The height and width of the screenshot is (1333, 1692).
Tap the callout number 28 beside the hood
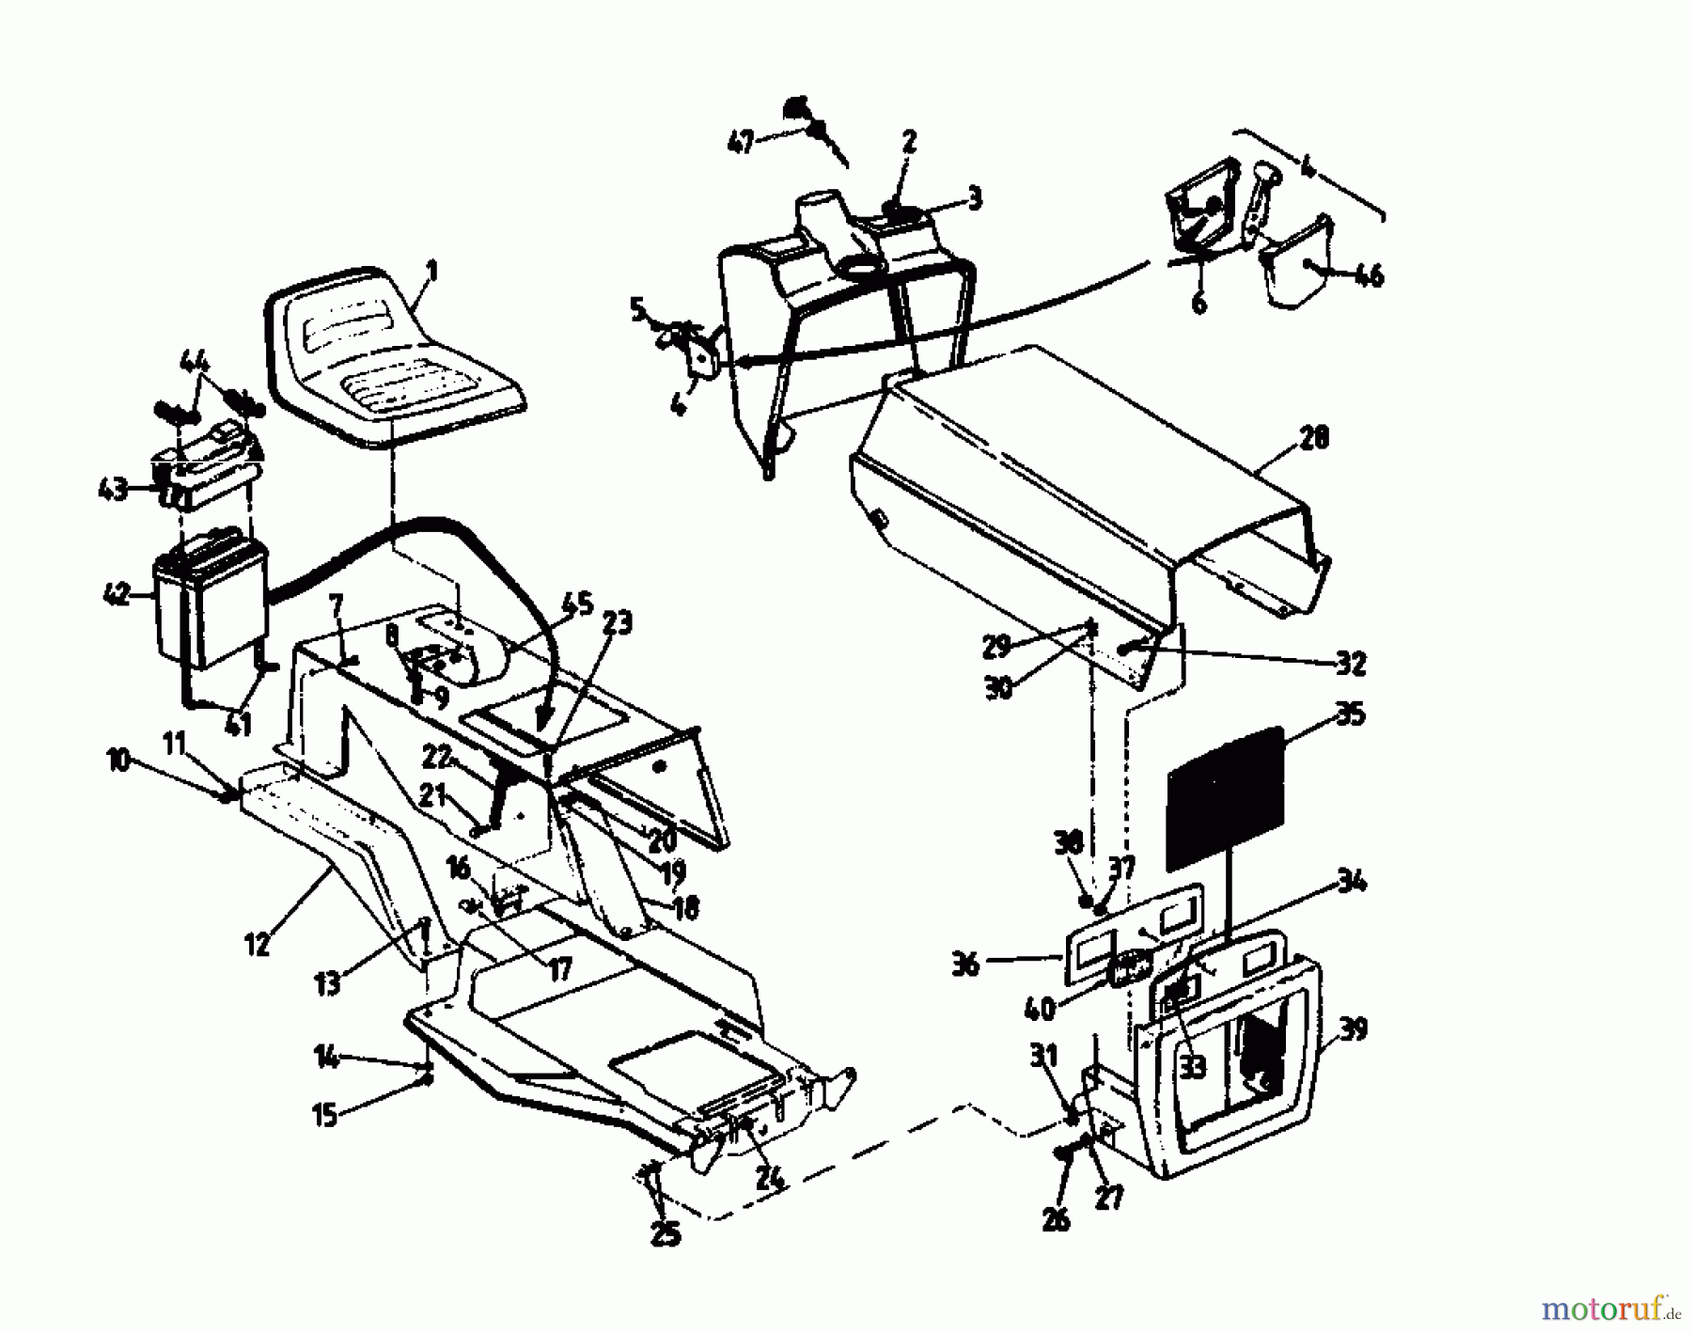click(x=1313, y=437)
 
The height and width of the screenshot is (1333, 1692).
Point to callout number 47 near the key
click(x=743, y=143)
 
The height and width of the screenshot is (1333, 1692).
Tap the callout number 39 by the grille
click(x=1354, y=1029)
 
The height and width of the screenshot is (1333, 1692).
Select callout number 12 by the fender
click(x=256, y=944)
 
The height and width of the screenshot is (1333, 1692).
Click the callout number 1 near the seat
click(x=431, y=273)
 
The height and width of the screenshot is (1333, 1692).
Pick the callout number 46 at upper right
click(x=1369, y=275)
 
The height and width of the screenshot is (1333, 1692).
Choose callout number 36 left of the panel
click(x=966, y=964)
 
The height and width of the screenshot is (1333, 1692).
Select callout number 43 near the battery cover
click(x=114, y=489)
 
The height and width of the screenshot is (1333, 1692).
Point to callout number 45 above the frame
click(x=580, y=603)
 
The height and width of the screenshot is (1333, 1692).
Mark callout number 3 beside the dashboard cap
click(x=974, y=197)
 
